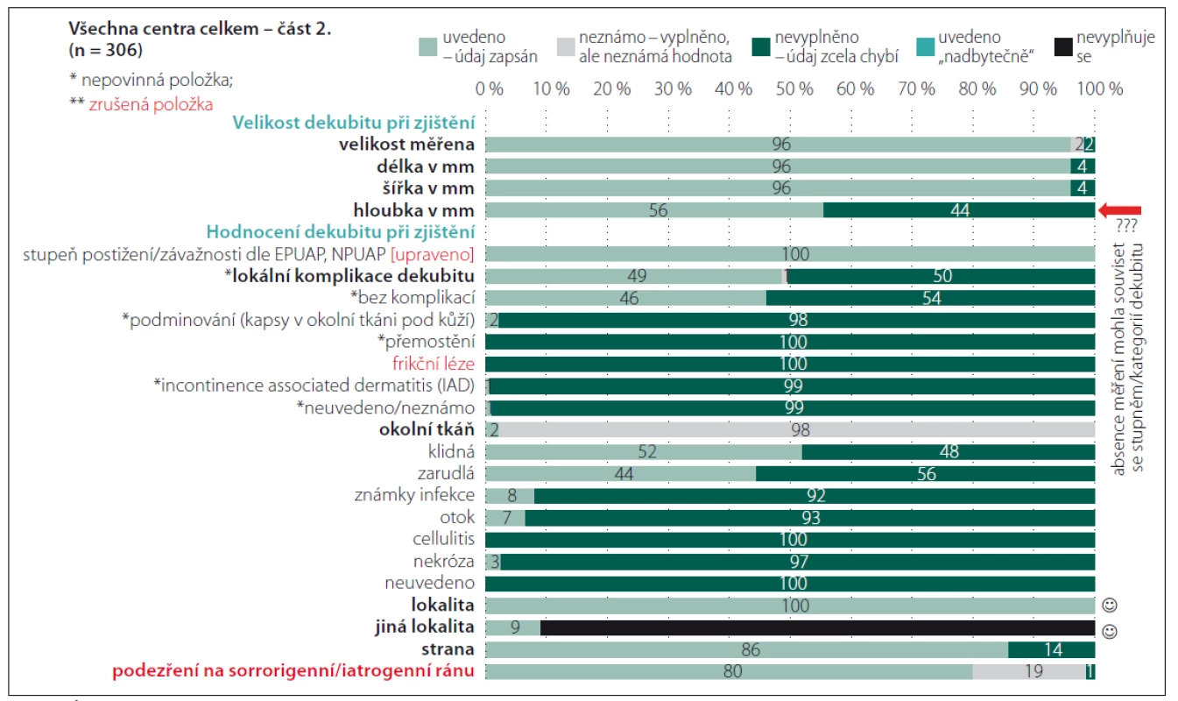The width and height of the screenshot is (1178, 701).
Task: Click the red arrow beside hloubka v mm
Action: click(1119, 210)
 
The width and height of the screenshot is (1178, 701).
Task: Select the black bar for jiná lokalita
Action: click(818, 627)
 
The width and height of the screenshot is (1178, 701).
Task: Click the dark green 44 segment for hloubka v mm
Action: click(959, 210)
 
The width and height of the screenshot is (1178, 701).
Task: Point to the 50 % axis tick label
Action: click(794, 89)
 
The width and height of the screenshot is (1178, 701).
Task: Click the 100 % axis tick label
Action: click(1100, 89)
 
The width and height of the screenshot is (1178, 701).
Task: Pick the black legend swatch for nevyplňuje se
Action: click(1063, 46)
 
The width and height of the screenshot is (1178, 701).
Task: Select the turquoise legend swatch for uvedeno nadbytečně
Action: click(925, 46)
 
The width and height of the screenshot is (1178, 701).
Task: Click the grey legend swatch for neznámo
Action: click(566, 46)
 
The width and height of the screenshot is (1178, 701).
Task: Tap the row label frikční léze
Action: click(434, 364)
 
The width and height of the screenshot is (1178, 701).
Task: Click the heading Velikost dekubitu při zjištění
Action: click(354, 123)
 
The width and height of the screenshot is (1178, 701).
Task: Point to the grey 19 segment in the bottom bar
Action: click(1029, 671)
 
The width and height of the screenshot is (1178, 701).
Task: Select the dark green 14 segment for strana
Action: click(1052, 649)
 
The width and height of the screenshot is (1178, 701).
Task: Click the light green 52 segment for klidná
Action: click(644, 451)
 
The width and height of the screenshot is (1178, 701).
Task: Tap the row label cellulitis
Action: click(443, 539)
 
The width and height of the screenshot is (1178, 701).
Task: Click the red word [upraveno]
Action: click(433, 255)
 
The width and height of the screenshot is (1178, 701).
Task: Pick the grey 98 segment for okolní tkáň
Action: click(797, 430)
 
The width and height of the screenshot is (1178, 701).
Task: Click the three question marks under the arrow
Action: click(1126, 226)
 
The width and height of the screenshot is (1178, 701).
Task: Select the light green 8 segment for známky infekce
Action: click(510, 496)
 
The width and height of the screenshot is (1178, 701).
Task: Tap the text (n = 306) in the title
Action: click(106, 50)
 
